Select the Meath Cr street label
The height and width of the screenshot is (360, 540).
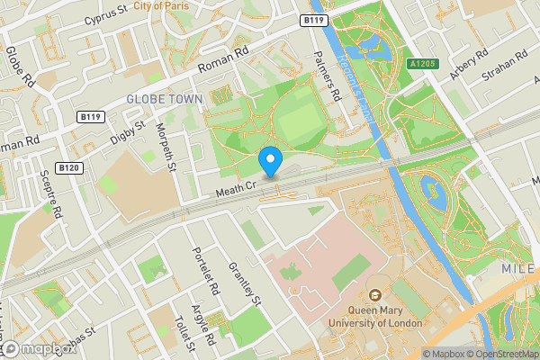[237, 186]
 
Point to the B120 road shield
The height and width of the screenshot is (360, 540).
[69, 168]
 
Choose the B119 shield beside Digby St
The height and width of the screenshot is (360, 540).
[90, 117]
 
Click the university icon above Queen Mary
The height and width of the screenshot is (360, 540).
[375, 295]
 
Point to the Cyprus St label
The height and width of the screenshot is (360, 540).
[106, 14]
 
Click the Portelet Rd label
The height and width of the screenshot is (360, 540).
[206, 271]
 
